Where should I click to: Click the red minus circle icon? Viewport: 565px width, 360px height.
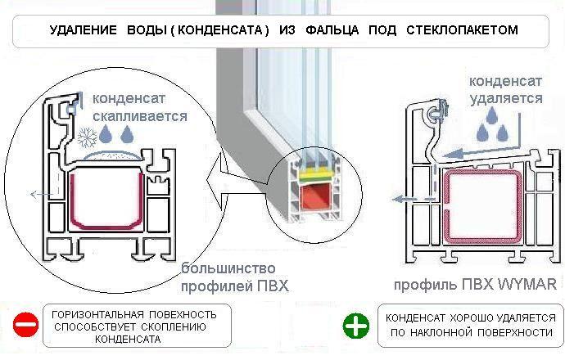tap(25, 326)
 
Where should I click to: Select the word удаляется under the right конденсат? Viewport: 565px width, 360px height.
tap(504, 98)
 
